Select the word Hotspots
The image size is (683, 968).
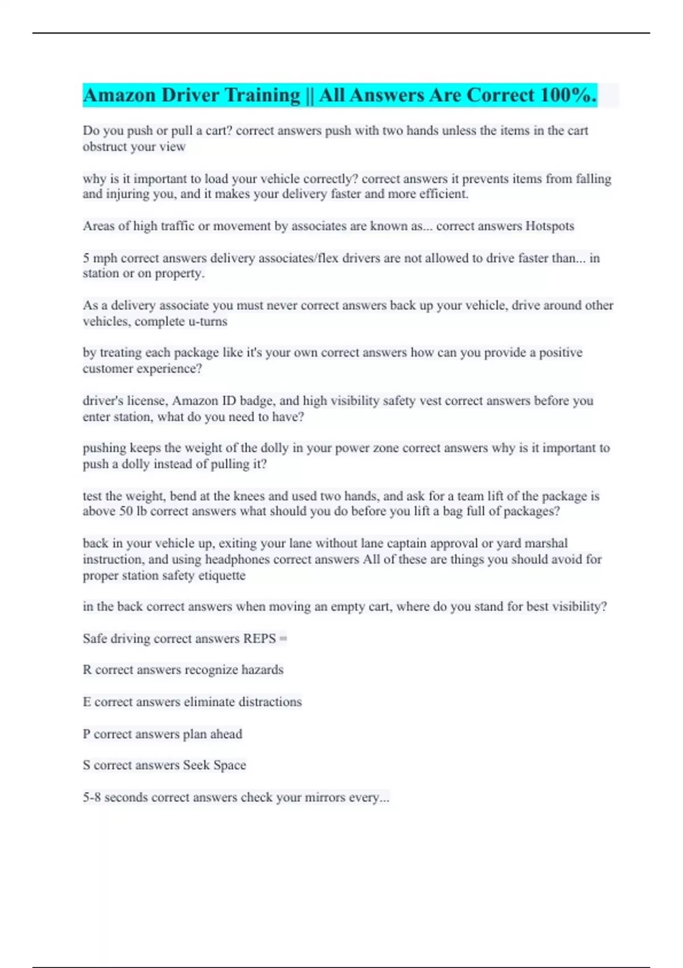pyautogui.click(x=549, y=226)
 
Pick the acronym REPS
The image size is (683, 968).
pyautogui.click(x=259, y=638)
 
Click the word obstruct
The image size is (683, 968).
pyautogui.click(x=105, y=147)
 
